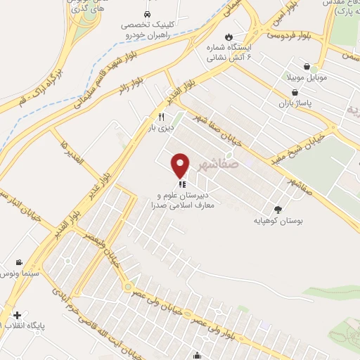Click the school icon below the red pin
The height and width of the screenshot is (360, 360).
pos(181,186)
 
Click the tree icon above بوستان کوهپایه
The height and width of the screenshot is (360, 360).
pos(278,209)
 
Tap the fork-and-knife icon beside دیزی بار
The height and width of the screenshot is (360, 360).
pos(161,117)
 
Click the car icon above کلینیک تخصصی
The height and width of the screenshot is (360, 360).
pos(146,14)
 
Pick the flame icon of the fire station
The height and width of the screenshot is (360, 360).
pos(228,36)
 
